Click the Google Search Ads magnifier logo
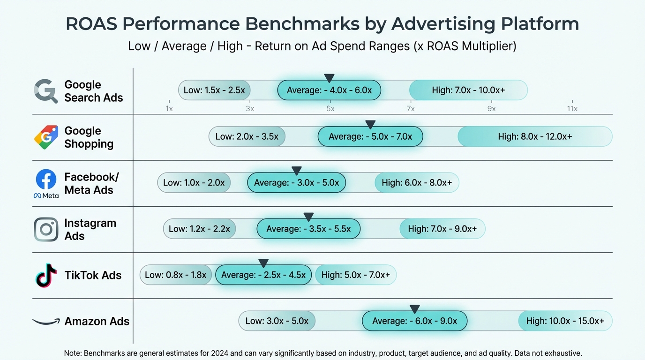click(x=45, y=91)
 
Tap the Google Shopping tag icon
click(x=46, y=137)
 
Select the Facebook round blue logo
click(x=46, y=180)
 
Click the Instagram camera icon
click(x=46, y=229)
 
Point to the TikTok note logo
click(x=46, y=275)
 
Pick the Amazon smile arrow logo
click(x=46, y=322)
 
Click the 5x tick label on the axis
click(x=330, y=109)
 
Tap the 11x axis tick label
click(x=572, y=109)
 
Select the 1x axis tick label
click(x=169, y=109)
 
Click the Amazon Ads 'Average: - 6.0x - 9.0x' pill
click(x=414, y=321)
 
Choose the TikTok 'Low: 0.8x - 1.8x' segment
click(x=176, y=275)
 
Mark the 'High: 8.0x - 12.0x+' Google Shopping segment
click(x=535, y=137)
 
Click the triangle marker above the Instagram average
click(x=308, y=217)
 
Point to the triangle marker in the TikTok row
click(x=263, y=263)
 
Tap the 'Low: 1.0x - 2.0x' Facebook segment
click(x=194, y=183)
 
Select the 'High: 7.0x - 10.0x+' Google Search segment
click(x=468, y=90)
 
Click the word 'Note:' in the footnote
click(x=73, y=353)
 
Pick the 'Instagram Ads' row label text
click(x=90, y=229)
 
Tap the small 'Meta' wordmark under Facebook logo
click(x=46, y=195)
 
